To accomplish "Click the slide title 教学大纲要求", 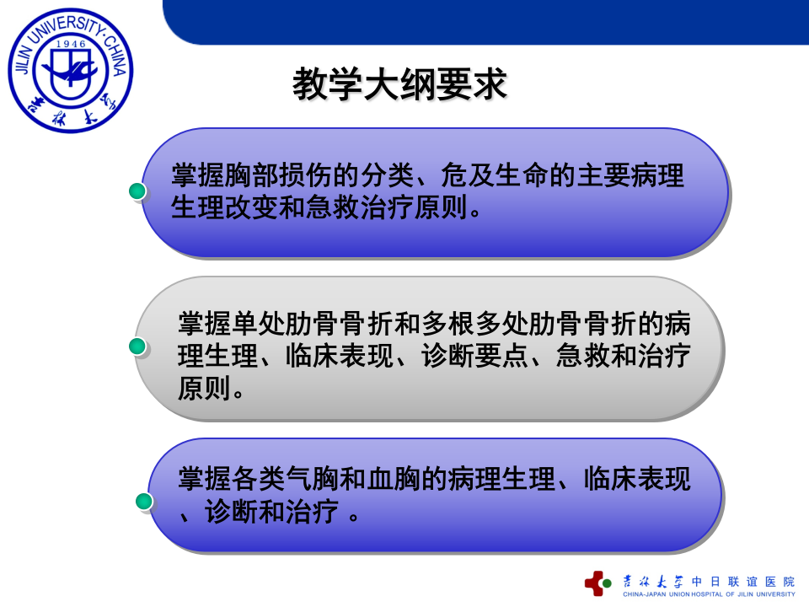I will [399, 84].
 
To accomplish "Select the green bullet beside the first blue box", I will [137, 191].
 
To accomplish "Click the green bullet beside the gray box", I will [137, 346].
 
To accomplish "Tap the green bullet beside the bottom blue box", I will [144, 502].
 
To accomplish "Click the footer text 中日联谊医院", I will [742, 581].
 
